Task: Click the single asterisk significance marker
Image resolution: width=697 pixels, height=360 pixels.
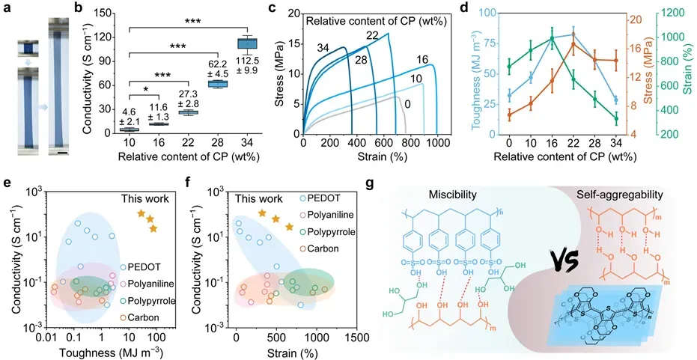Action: click(x=155, y=90)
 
